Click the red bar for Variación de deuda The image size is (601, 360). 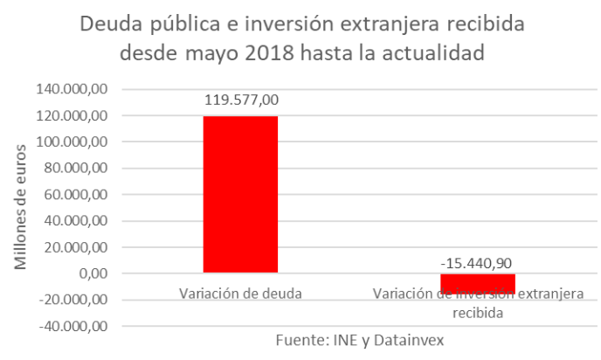(240, 194)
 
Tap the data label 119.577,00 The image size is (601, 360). (241, 100)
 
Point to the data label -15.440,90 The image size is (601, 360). (478, 260)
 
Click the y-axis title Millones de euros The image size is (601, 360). (20, 207)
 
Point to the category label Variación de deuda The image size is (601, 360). (240, 293)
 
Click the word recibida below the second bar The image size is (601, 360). (479, 310)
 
